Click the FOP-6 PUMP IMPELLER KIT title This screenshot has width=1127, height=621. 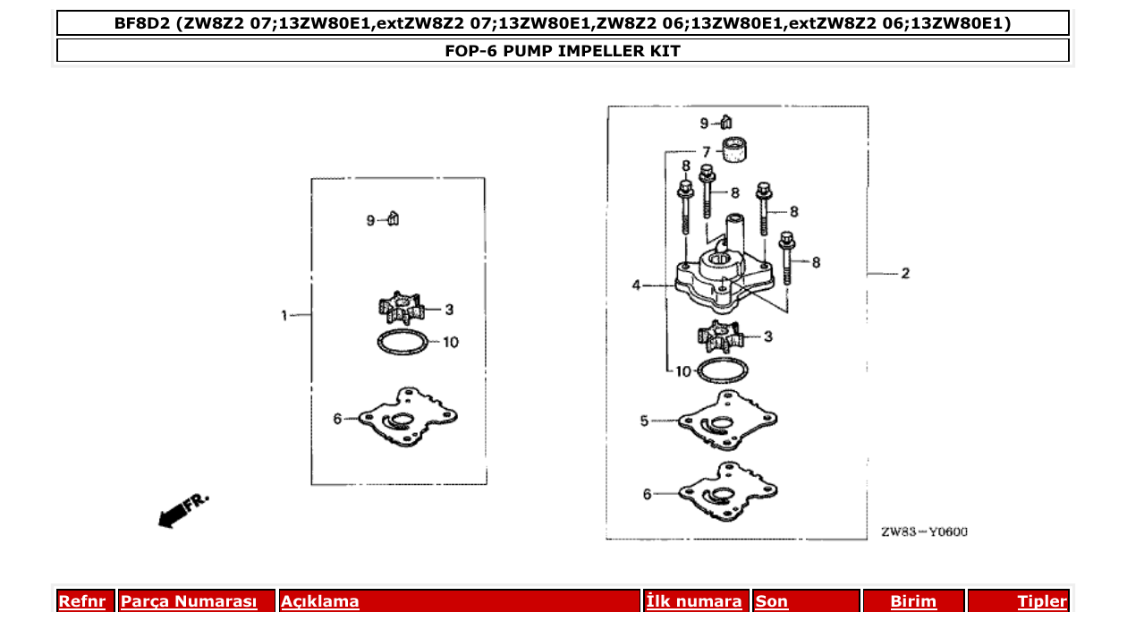(x=562, y=51)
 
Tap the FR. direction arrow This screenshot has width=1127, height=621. (x=182, y=510)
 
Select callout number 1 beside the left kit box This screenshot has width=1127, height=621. (x=284, y=315)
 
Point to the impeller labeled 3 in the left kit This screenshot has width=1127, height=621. (x=400, y=309)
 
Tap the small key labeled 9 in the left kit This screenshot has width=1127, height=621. (x=394, y=219)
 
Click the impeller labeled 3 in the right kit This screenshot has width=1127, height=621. (x=721, y=337)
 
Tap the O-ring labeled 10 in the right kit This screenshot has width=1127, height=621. (x=721, y=369)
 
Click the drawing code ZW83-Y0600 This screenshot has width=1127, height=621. (x=924, y=532)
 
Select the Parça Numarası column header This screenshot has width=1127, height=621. (x=188, y=601)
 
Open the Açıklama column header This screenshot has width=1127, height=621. (x=320, y=601)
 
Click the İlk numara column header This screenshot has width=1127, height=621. (x=694, y=601)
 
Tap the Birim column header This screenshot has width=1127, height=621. (x=913, y=601)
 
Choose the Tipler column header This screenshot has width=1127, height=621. (x=1042, y=601)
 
